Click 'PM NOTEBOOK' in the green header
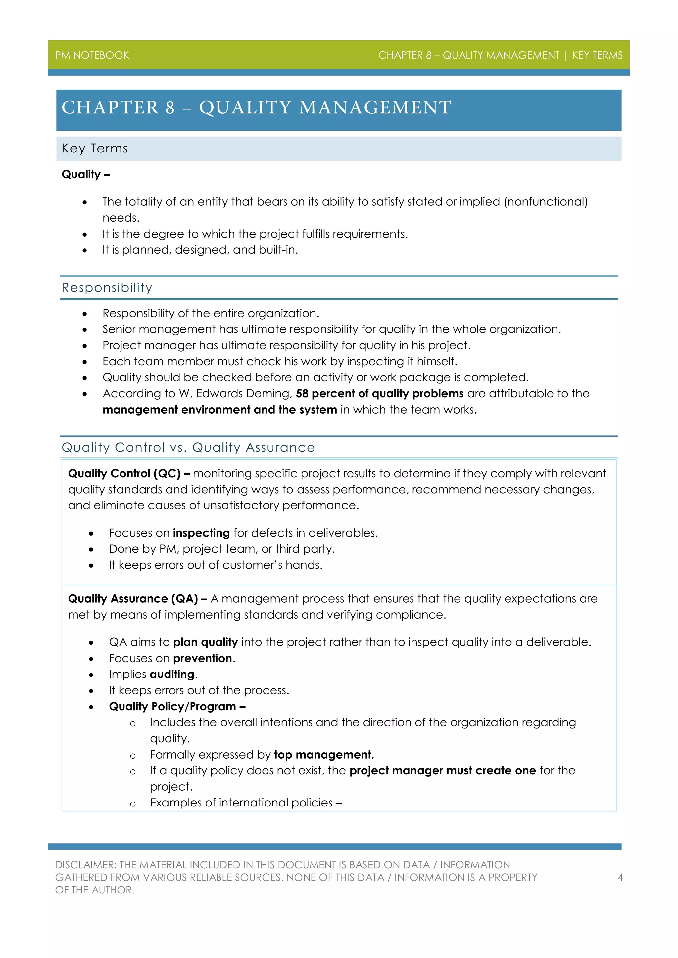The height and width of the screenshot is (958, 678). click(92, 55)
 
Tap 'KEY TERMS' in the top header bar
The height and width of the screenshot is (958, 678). click(597, 55)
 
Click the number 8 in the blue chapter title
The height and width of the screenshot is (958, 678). click(170, 108)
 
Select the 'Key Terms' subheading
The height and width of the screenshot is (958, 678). click(95, 148)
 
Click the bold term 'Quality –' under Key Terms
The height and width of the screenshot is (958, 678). click(86, 174)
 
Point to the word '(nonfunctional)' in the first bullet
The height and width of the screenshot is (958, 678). click(546, 202)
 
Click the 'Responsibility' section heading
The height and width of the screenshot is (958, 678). click(107, 287)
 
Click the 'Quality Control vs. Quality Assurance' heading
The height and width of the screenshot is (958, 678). click(188, 447)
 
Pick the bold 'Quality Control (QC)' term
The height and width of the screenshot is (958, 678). click(124, 474)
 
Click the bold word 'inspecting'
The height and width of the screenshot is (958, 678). click(201, 533)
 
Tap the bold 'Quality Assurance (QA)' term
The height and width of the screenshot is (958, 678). click(133, 599)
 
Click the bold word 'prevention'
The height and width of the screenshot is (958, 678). click(203, 658)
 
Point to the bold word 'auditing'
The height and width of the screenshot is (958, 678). click(172, 674)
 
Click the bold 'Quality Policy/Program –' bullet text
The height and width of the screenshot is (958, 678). click(177, 706)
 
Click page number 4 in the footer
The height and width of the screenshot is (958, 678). click(620, 878)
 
